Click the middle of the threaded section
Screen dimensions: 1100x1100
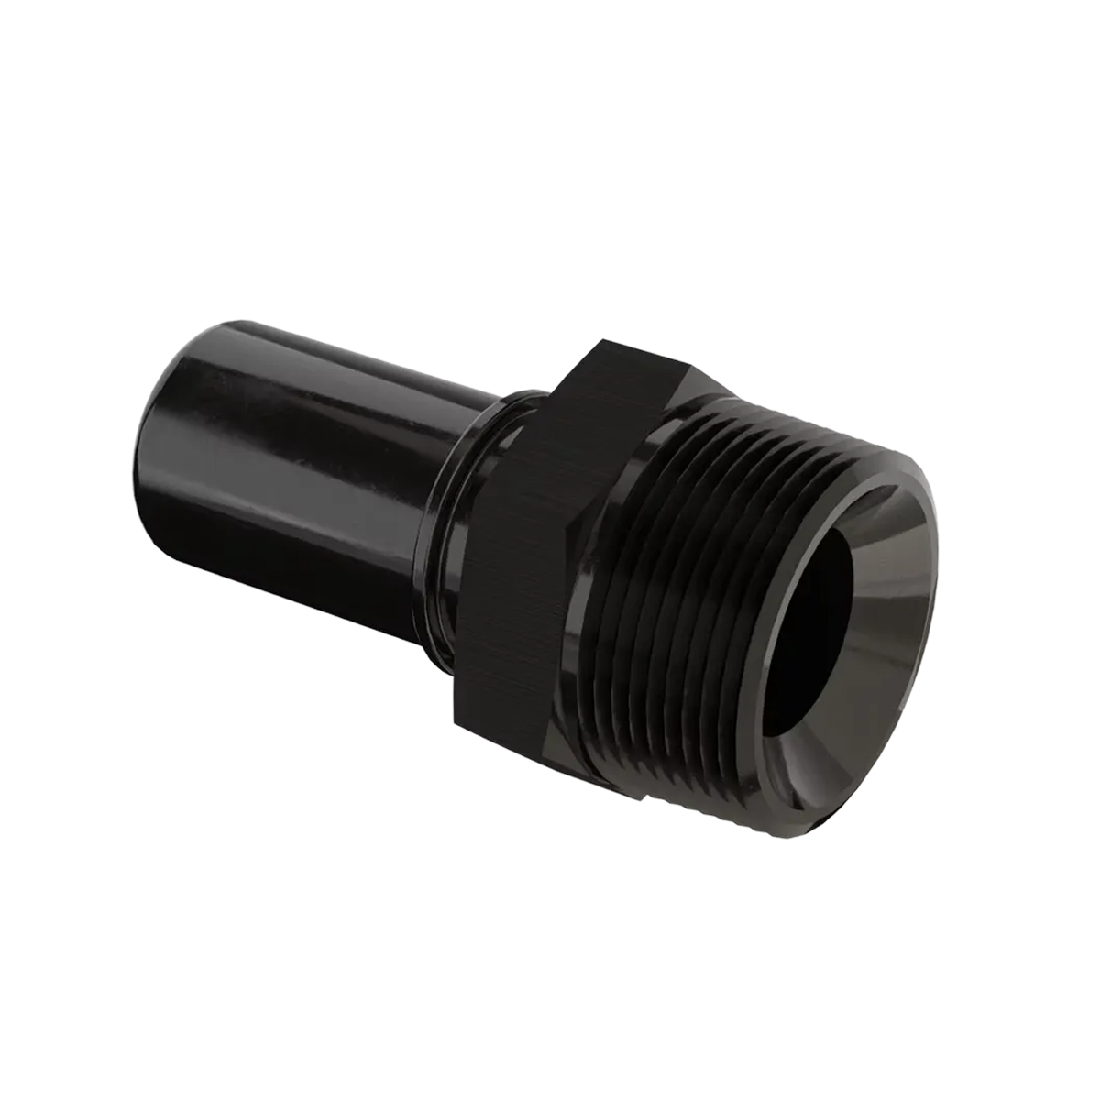(697, 587)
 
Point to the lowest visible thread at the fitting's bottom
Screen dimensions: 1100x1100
(697, 779)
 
